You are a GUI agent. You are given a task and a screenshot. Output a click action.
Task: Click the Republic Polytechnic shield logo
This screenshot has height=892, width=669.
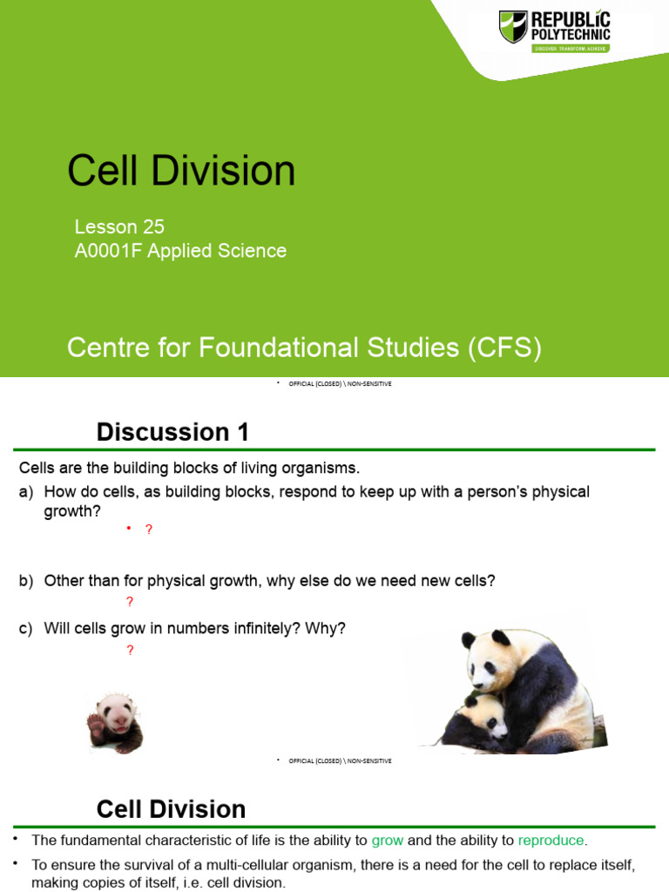click(x=513, y=27)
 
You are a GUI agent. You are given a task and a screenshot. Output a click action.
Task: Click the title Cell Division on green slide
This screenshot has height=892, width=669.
click(x=181, y=171)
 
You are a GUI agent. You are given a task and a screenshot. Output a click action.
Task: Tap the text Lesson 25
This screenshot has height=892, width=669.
click(x=119, y=227)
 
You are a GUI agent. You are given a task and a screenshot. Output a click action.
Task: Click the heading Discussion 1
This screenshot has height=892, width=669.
click(x=172, y=431)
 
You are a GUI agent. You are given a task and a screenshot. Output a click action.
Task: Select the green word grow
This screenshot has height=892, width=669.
click(x=388, y=841)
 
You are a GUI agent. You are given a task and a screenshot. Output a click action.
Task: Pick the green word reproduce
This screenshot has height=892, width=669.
click(x=551, y=841)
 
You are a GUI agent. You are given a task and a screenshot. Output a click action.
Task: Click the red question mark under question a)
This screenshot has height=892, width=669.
click(x=149, y=529)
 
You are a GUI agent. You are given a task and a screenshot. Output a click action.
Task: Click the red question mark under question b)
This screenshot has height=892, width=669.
click(x=130, y=602)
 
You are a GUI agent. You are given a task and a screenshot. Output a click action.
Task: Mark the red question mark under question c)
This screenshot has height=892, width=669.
click(x=130, y=650)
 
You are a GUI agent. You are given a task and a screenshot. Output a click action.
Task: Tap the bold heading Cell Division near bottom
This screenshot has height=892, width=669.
click(x=171, y=809)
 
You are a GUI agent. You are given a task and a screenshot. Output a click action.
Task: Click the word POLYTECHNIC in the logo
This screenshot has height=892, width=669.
click(x=571, y=33)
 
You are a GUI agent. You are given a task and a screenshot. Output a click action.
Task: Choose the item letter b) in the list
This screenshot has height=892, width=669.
click(x=26, y=580)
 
